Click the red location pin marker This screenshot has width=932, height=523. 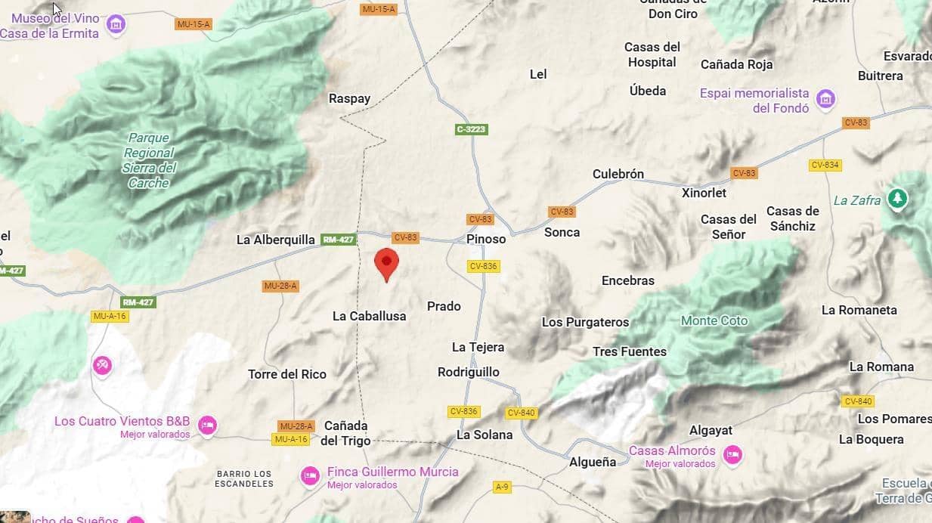(x=386, y=263)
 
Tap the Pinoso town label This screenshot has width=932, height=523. (x=486, y=239)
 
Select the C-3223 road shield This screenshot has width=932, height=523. (x=472, y=129)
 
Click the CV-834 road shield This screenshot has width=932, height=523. (x=825, y=165)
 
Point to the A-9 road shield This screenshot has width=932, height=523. (x=502, y=487)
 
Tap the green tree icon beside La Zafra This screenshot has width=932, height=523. (x=897, y=199)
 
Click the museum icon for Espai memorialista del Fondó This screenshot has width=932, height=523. (x=826, y=99)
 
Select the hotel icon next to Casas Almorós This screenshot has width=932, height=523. (x=732, y=455)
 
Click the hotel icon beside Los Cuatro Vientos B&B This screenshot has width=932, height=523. (x=207, y=426)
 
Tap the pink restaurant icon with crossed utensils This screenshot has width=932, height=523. (x=102, y=365)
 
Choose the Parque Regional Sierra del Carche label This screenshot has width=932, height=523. (x=149, y=160)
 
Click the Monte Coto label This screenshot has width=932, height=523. (x=714, y=320)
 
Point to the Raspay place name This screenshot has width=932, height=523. (x=350, y=98)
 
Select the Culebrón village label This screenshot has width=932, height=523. (x=618, y=174)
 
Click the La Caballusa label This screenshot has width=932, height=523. (x=370, y=316)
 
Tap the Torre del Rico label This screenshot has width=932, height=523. (x=287, y=374)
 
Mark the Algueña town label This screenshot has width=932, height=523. (x=593, y=462)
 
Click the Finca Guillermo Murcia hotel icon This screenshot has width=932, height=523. (x=310, y=476)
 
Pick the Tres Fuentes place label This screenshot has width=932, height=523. (x=630, y=351)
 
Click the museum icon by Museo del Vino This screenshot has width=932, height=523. (x=116, y=25)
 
